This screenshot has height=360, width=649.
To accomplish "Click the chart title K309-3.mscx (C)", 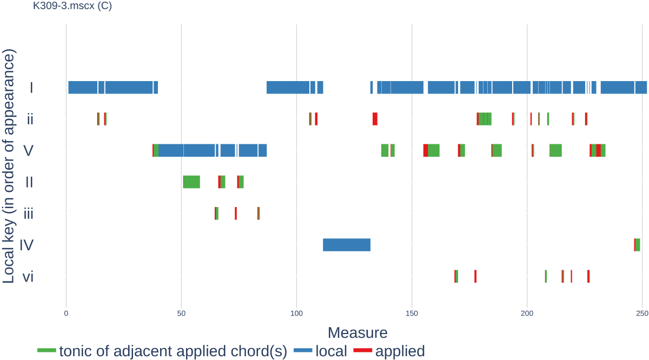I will (x=72, y=6).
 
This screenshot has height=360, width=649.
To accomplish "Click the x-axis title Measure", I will (x=357, y=332).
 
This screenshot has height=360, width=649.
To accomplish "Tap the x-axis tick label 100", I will (x=296, y=314).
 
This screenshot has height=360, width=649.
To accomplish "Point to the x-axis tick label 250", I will (x=642, y=314).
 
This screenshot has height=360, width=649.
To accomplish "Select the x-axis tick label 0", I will (x=66, y=314).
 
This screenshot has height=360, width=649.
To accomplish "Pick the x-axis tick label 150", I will (x=412, y=314).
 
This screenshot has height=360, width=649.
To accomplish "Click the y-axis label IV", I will (x=27, y=245).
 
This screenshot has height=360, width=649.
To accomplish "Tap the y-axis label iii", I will (x=28, y=214).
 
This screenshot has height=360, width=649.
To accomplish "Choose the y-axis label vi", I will (x=28, y=277).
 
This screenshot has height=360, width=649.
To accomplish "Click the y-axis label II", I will (x=29, y=182).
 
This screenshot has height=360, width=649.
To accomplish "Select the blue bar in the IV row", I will (x=347, y=245).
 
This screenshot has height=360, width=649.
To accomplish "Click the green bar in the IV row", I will (x=638, y=245).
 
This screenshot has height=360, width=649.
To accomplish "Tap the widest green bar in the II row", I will (x=192, y=182).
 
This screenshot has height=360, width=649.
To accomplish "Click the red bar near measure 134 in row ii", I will (x=375, y=119).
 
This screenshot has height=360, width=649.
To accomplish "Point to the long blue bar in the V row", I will (x=187, y=150).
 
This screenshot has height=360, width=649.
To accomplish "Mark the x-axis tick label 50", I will (x=181, y=314).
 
